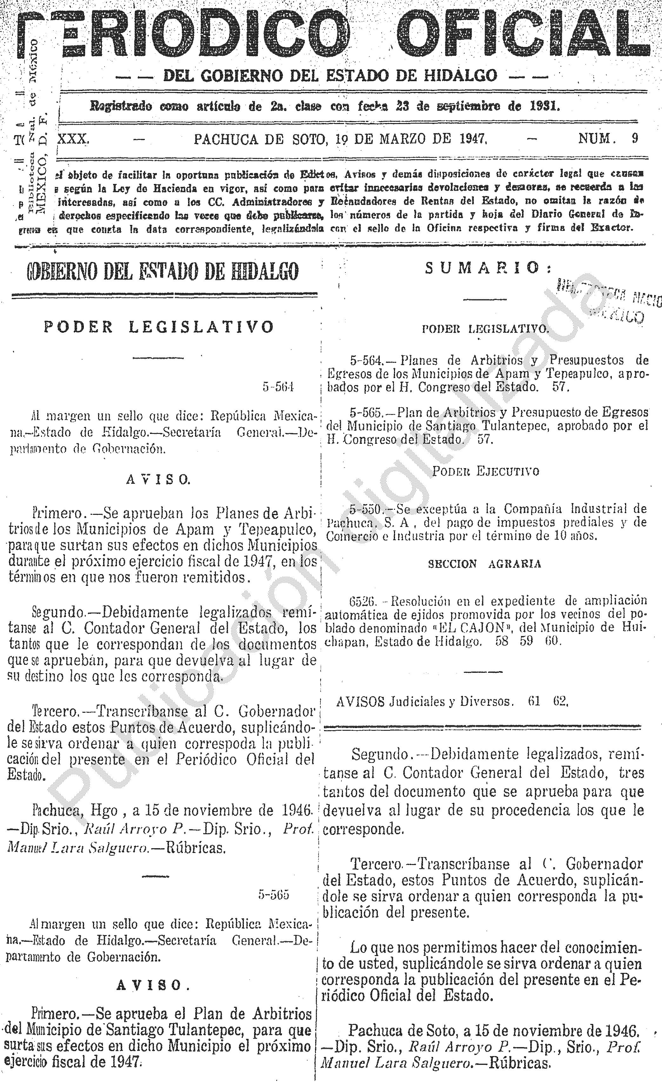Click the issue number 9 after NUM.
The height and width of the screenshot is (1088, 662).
coord(635,139)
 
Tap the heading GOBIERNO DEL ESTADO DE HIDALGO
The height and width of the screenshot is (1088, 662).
coord(163,271)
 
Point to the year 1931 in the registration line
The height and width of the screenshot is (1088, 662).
coord(545,106)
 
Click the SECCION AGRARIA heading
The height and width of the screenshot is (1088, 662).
coord(484,564)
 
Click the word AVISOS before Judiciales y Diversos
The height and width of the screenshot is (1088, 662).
coord(360,702)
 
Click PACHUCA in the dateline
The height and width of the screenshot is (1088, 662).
coord(226,140)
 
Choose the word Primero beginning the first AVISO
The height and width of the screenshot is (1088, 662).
coord(58,513)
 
